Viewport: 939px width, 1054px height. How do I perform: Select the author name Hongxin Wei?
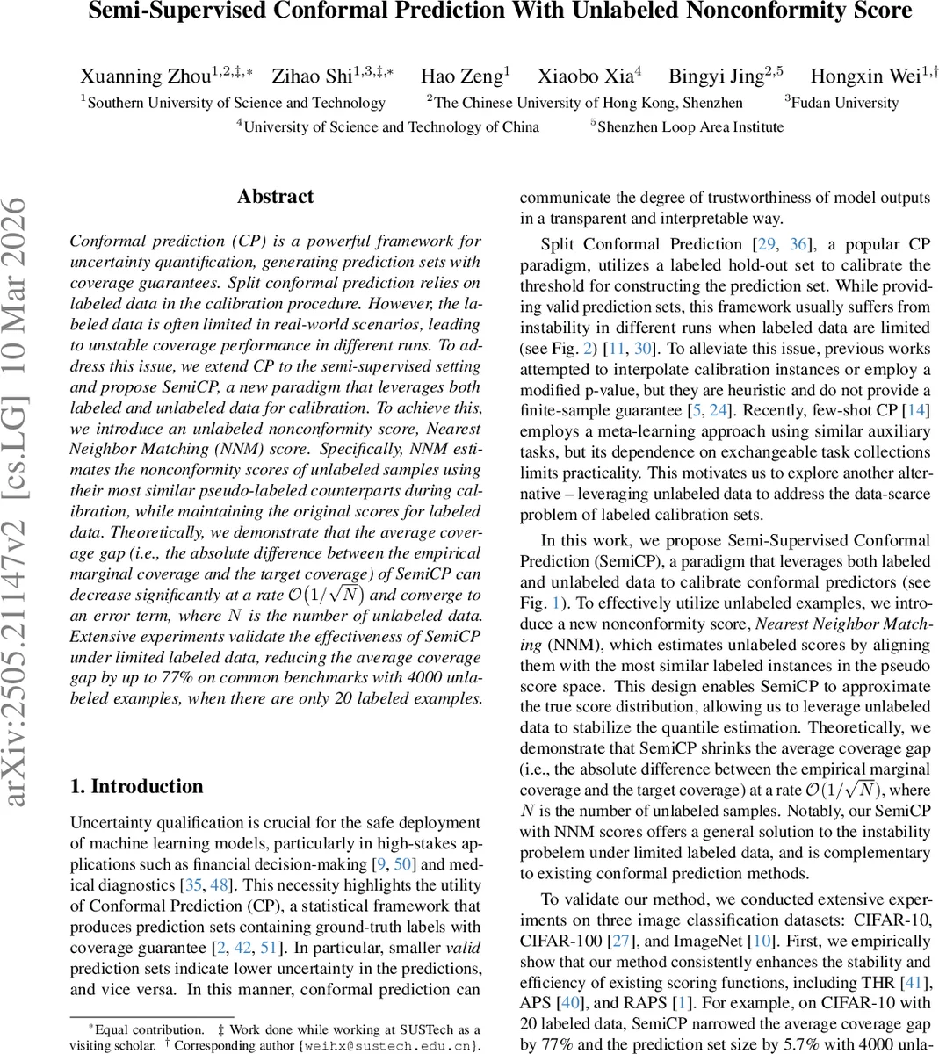pyautogui.click(x=864, y=76)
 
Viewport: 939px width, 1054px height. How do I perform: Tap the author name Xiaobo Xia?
pyautogui.click(x=584, y=76)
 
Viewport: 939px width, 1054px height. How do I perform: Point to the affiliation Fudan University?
pyautogui.click(x=844, y=103)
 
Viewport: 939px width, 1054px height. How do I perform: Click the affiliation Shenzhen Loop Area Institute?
pyautogui.click(x=690, y=127)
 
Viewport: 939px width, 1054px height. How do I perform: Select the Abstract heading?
pyautogui.click(x=275, y=197)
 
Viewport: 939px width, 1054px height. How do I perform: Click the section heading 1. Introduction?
pyautogui.click(x=136, y=786)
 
